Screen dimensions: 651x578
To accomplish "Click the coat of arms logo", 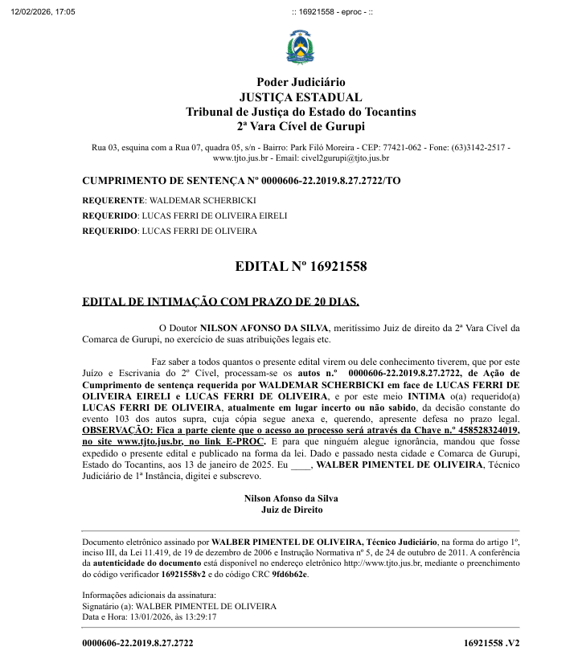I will tap(301, 47).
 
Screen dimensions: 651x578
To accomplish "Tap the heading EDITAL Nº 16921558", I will tap(301, 266).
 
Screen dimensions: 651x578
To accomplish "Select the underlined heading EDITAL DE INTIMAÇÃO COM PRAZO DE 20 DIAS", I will tap(221, 302).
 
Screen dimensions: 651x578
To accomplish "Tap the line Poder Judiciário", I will tap(301, 82).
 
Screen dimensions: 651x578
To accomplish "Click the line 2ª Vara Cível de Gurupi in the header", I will tap(301, 126).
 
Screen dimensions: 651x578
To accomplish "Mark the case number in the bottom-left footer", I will tap(137, 643).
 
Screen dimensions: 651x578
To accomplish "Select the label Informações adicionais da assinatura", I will tap(146, 596).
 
